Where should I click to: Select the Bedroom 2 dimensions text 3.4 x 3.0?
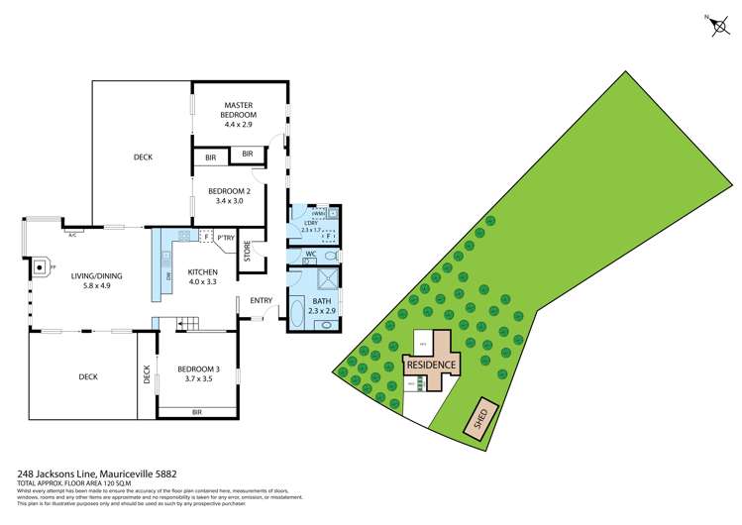(x=229, y=201)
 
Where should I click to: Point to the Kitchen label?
(x=202, y=271)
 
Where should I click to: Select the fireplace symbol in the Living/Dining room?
(x=42, y=265)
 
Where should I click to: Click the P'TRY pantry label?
(x=225, y=237)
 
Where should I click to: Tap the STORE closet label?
(x=248, y=253)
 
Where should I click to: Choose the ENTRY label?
(x=262, y=300)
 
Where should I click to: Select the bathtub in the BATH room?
(x=295, y=315)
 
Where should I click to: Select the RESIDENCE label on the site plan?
(x=432, y=366)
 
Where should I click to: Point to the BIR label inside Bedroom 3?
(x=197, y=410)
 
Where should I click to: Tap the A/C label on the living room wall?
(x=72, y=235)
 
